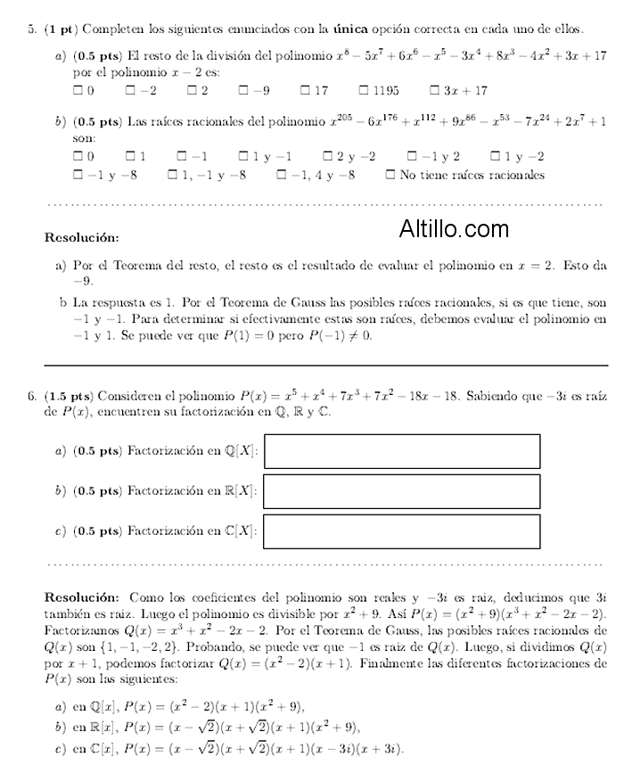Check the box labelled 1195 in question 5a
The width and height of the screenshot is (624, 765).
364,90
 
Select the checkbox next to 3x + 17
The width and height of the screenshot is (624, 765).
435,90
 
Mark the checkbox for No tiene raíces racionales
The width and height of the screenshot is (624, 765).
390,175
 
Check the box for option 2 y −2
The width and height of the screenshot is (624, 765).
327,157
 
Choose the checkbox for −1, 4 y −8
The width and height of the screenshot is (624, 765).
281,175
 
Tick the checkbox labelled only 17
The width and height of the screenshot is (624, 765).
305,90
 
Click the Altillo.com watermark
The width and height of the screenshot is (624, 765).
454,229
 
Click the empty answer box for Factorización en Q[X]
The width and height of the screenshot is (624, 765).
402,451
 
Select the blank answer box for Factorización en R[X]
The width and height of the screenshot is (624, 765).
402,491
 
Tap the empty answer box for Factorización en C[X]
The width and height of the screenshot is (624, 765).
402,531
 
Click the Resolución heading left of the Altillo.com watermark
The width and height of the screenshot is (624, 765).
81,238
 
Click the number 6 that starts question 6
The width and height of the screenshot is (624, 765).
31,396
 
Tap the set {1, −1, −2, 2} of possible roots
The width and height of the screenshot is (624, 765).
113,629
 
